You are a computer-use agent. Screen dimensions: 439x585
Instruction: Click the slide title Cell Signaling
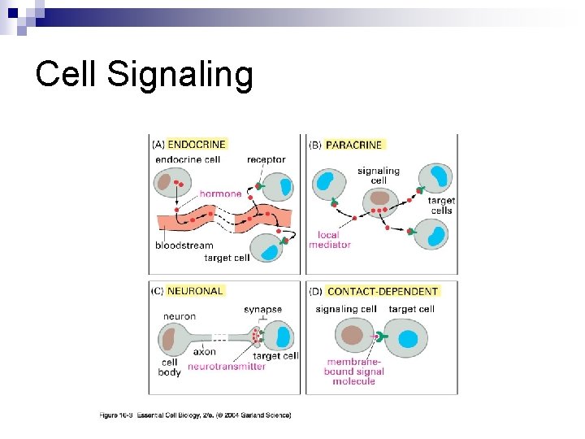[145, 75]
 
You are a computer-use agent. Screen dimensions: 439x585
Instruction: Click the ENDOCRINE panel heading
[197, 144]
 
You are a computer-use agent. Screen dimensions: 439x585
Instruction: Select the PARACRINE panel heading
[353, 145]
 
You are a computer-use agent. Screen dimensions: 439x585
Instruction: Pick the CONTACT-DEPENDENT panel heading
[383, 291]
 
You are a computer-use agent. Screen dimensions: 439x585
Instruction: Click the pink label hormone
[220, 194]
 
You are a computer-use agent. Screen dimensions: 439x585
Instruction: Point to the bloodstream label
[184, 246]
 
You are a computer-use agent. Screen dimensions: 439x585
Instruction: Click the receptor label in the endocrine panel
[266, 160]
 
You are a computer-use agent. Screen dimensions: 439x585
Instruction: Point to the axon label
[205, 352]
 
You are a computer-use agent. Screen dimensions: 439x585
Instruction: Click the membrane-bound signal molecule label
[354, 372]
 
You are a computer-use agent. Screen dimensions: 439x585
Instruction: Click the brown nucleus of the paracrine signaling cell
[379, 198]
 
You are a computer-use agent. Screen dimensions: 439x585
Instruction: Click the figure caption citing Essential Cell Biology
[195, 415]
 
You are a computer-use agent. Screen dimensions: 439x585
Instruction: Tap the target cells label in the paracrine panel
[442, 205]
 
